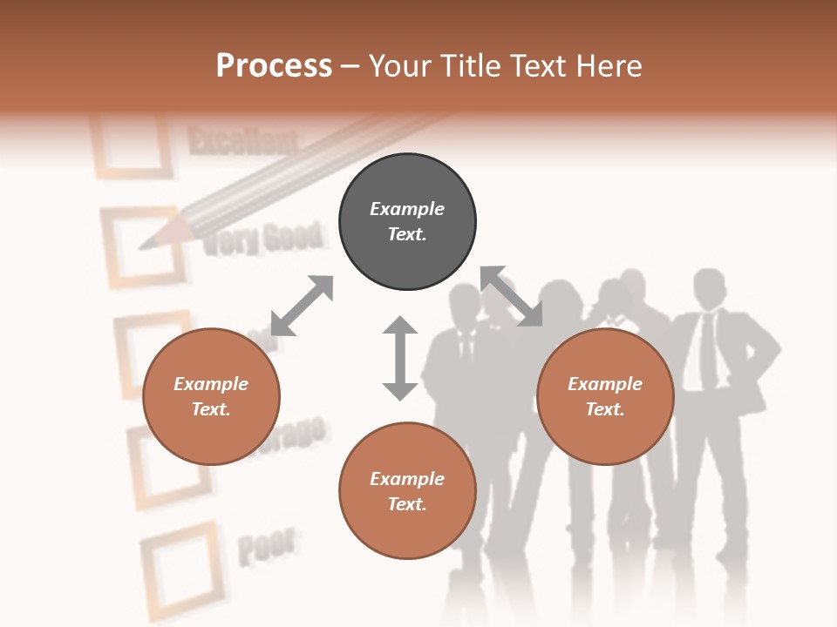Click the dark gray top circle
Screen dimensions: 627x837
coord(407,222)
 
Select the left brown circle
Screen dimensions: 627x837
coord(211,396)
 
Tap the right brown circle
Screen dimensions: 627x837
coord(605,396)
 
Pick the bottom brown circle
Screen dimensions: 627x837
coord(407,491)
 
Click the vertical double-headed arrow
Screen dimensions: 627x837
coord(400,358)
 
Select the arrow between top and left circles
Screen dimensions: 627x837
coord(302,306)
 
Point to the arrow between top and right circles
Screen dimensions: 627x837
coord(511,296)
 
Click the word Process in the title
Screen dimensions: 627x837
coord(274,66)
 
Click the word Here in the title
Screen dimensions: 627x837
coord(610,66)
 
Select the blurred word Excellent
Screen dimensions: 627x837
coord(242,142)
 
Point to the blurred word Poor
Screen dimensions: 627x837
coord(266,545)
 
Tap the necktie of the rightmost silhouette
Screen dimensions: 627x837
coord(708,348)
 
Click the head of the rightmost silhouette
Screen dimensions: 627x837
coord(709,288)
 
